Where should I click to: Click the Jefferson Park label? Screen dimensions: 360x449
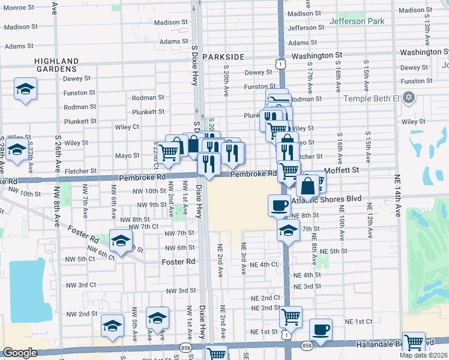(356, 22)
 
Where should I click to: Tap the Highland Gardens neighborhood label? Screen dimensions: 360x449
(56, 65)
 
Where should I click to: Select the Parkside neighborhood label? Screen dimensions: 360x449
(223, 56)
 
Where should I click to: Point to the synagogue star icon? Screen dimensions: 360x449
(409, 97)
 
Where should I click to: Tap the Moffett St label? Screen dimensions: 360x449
(342, 170)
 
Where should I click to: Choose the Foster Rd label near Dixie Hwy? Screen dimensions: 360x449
(179, 262)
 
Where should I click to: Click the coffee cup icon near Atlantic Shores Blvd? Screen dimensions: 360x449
(279, 205)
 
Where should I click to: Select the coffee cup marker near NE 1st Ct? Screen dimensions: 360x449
(321, 329)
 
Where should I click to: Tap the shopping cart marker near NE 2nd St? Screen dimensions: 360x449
(291, 316)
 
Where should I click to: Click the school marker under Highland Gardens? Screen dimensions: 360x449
(25, 89)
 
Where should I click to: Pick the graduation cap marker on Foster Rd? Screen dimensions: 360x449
(121, 241)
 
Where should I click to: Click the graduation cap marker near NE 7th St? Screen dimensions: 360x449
(289, 230)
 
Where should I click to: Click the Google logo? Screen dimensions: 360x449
(20, 353)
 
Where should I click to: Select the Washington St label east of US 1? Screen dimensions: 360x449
(317, 55)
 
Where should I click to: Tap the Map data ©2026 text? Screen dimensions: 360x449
(423, 355)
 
